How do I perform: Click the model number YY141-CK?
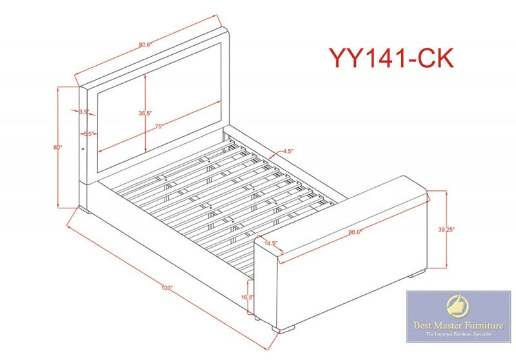coord(392,58)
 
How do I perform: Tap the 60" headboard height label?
coord(57,148)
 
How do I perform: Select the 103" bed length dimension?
coord(167,287)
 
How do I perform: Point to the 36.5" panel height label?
coord(144,113)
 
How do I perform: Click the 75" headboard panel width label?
coord(159,126)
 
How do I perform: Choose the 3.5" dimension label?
coord(84,112)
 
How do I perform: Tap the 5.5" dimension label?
coord(88,134)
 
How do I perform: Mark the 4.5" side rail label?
coord(288,152)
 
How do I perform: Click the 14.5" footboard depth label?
coord(271,243)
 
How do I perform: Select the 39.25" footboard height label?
coord(446,230)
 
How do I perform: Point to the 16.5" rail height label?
coord(248,297)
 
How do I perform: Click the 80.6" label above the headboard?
coord(144,45)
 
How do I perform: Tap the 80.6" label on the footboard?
coord(355,232)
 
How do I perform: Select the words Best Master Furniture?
coord(459,326)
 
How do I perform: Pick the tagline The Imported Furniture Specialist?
coord(459,334)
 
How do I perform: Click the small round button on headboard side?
coord(83,150)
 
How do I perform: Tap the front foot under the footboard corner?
coord(284,328)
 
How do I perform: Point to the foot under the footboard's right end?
coord(417,273)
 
